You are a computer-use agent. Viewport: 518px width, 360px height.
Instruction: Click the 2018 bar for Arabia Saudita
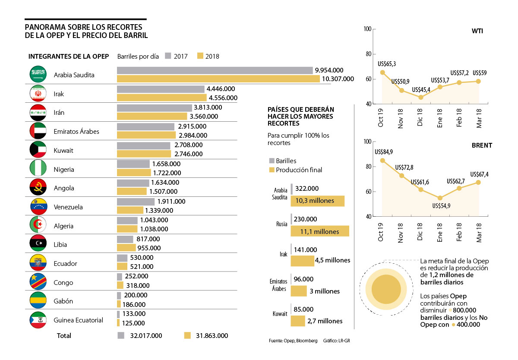point(218,79)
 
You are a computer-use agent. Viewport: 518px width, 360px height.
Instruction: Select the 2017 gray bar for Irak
point(161,89)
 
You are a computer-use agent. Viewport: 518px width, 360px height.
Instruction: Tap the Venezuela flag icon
point(38,207)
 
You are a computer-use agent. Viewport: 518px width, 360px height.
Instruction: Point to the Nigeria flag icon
point(38,169)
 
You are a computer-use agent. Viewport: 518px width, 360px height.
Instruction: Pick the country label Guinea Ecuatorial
point(78,320)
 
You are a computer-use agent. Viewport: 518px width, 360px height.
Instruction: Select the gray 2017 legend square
point(168,56)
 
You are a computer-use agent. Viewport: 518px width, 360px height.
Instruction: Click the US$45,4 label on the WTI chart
point(421,90)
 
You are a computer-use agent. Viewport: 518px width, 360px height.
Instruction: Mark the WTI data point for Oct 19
point(382,72)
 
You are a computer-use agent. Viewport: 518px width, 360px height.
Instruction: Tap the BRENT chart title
point(481,145)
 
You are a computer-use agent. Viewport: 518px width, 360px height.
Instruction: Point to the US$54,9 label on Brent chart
point(442,206)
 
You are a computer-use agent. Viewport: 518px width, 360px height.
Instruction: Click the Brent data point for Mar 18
point(478,182)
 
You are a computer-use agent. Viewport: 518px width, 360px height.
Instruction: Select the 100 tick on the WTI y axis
point(367,29)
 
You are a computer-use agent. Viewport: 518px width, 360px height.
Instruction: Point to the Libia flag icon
point(38,244)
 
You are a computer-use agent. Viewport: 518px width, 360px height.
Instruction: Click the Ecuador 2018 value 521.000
point(142,267)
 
